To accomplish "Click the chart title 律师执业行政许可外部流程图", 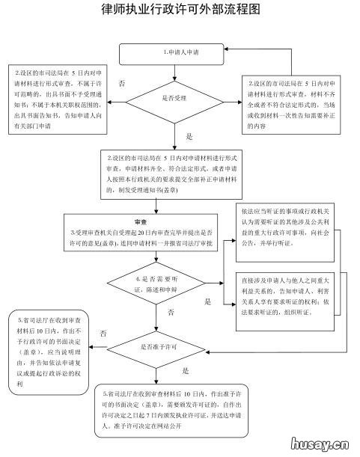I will pos(180,10).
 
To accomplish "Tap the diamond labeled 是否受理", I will pos(177,98).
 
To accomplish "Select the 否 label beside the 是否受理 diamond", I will pos(122,79).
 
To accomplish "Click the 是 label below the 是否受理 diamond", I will pos(189,137).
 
